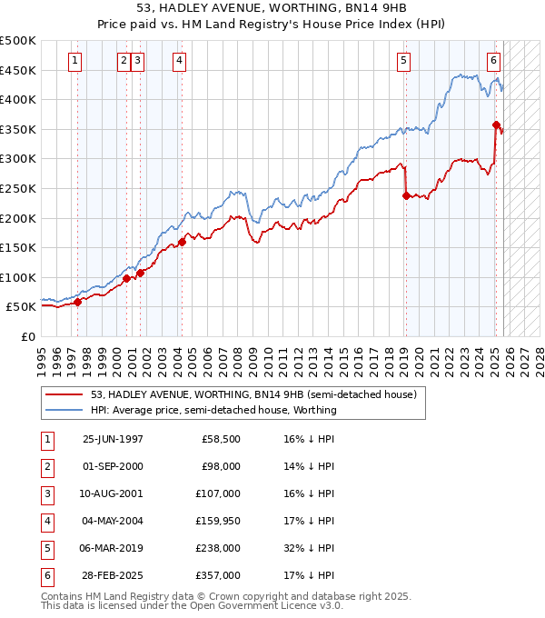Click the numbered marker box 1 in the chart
point(74,61)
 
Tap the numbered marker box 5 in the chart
point(403,61)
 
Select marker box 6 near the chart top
point(493,61)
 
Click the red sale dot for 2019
point(406,194)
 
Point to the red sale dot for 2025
point(496,125)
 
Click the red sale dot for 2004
point(182,242)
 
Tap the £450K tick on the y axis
point(18,70)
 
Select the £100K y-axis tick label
point(18,277)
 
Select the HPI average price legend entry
point(213,410)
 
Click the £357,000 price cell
point(221,575)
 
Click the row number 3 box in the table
point(46,493)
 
